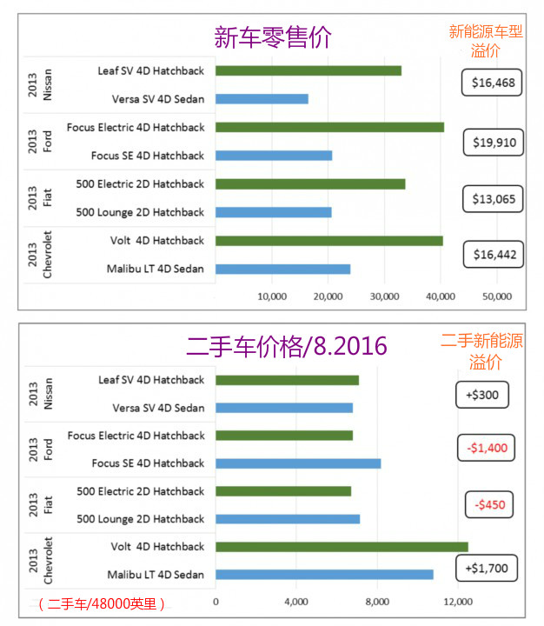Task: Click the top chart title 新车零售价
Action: [273, 37]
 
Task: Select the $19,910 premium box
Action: [493, 141]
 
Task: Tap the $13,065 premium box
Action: [493, 198]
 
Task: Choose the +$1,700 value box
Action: [487, 569]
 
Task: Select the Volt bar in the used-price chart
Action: [342, 547]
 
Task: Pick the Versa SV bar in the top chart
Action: [262, 99]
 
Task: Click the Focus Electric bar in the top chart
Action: [329, 127]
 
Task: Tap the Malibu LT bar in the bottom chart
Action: [324, 575]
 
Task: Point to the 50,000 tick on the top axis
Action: [496, 296]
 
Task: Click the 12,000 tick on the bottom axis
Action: [457, 603]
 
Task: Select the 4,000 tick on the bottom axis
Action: [296, 603]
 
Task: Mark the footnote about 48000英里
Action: [102, 603]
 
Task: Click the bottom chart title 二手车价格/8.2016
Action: [287, 345]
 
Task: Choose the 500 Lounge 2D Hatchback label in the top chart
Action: [140, 212]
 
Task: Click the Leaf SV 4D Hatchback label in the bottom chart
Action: [150, 380]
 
